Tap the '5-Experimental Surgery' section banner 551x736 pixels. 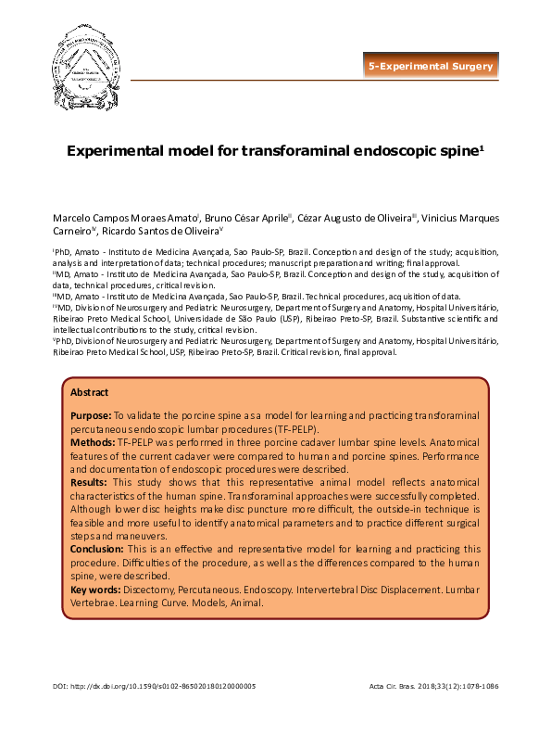(430, 67)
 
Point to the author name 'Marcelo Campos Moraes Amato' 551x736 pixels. (125, 217)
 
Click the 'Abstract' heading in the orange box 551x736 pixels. (89, 392)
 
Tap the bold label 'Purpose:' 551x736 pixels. (91, 414)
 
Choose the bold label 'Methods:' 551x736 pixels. (94, 444)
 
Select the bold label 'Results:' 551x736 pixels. (90, 483)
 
